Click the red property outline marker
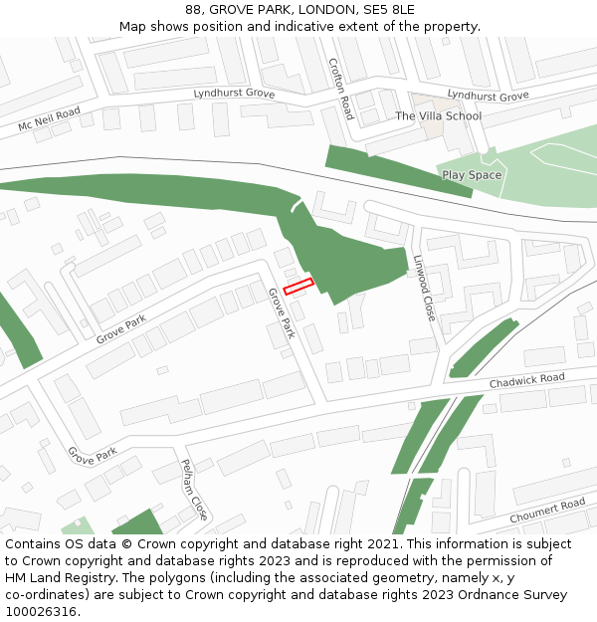pyautogui.click(x=298, y=287)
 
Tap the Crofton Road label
pyautogui.click(x=341, y=89)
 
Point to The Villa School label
pyautogui.click(x=438, y=116)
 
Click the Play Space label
pyautogui.click(x=472, y=175)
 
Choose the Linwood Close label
pyautogui.click(x=424, y=287)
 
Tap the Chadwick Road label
pyautogui.click(x=526, y=381)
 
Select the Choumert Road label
pyautogui.click(x=547, y=512)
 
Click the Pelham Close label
pyautogui.click(x=194, y=490)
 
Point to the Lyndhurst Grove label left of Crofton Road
pyautogui.click(x=233, y=94)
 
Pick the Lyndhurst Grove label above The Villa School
pyautogui.click(x=488, y=97)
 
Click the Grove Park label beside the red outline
pyautogui.click(x=282, y=312)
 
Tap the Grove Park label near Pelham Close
pyautogui.click(x=93, y=456)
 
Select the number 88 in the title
pyautogui.click(x=193, y=10)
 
